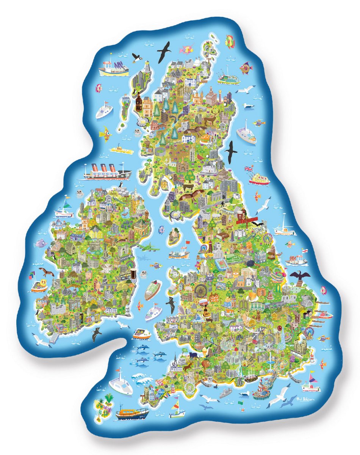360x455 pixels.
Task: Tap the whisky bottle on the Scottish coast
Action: [139, 101]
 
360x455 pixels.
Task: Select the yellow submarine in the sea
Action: [121, 149]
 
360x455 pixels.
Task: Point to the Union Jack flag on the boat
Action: [249, 169]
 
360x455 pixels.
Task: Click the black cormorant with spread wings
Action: [300, 277]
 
